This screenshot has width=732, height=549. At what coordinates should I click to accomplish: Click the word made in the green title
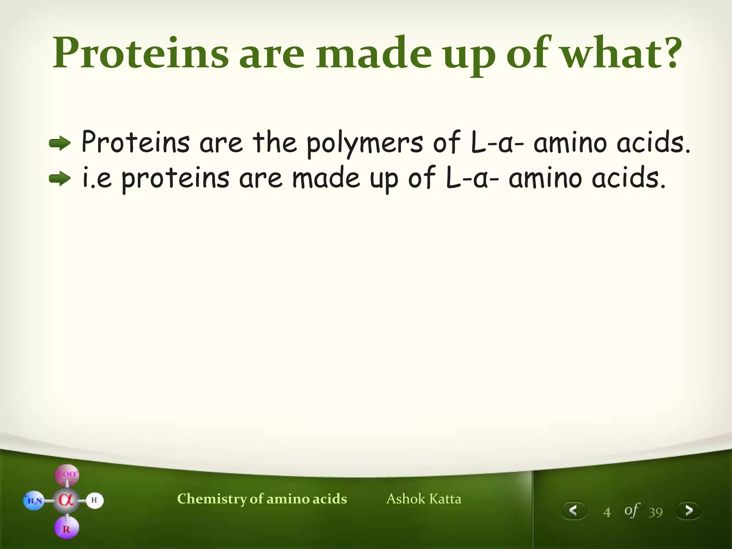point(373,54)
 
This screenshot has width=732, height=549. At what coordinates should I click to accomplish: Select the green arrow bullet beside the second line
point(60,179)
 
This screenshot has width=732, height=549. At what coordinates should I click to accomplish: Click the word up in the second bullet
point(384,179)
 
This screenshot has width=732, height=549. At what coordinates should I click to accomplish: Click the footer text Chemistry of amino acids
point(262,499)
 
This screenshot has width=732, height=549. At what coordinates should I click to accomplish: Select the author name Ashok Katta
point(424,499)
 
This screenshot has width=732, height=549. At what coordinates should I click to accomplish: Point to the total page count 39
point(656,512)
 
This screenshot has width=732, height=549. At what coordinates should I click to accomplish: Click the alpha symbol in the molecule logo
point(66,500)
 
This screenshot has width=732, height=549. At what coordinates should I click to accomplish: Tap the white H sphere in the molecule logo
point(94,500)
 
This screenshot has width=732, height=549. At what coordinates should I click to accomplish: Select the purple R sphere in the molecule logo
point(66,529)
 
